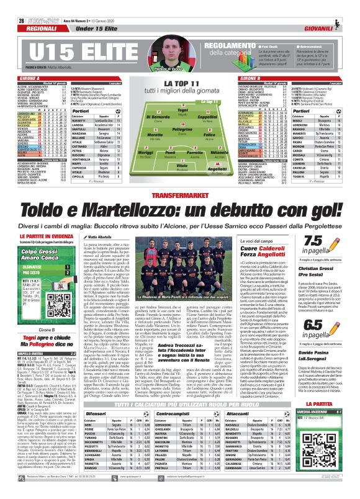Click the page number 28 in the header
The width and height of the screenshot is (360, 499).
click(x=13, y=5)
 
